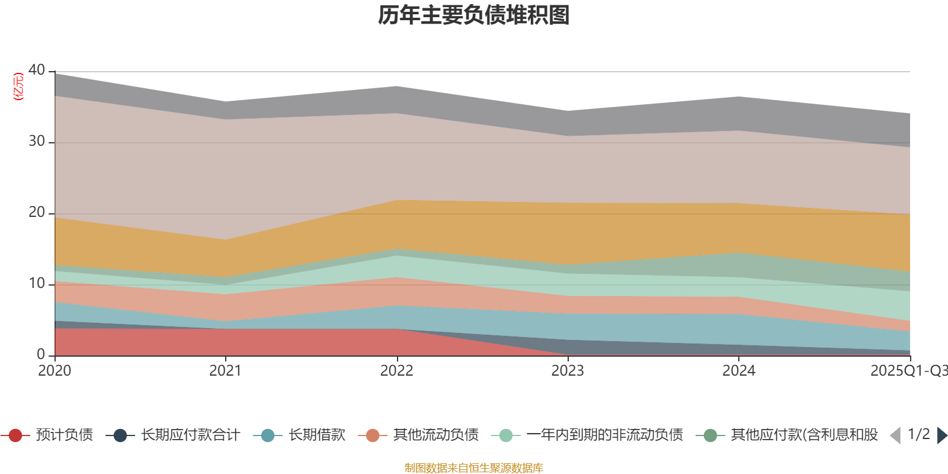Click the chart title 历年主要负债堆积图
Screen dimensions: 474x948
coord(474,15)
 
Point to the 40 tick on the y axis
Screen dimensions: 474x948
coord(37,70)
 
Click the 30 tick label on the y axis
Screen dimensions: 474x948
coord(37,141)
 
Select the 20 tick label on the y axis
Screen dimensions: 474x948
coord(37,212)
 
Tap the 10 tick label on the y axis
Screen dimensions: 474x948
coord(37,283)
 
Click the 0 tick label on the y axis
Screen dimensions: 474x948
coord(41,354)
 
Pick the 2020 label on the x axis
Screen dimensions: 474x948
coord(55,371)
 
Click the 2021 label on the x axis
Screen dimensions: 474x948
coord(225,371)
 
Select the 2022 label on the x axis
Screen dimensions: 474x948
coord(396,371)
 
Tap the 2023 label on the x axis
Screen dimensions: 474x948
coord(568,371)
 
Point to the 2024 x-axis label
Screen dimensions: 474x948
coord(738,371)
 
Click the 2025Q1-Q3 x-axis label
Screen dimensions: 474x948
coord(908,371)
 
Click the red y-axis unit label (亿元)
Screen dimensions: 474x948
coord(18,87)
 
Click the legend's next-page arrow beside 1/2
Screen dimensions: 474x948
coord(941,435)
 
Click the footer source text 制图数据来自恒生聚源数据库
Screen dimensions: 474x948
coord(474,468)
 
